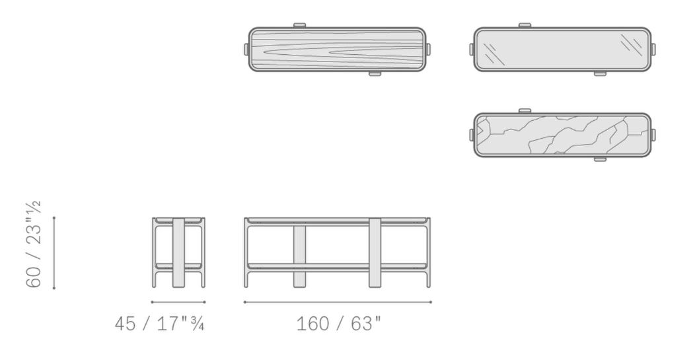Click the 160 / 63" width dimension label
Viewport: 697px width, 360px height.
pyautogui.click(x=339, y=324)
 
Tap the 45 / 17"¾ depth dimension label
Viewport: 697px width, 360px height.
pyautogui.click(x=160, y=324)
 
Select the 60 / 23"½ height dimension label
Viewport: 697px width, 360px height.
pyautogui.click(x=34, y=244)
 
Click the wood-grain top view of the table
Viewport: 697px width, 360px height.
pyautogui.click(x=337, y=50)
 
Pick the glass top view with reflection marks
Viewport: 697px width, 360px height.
pyautogui.click(x=562, y=50)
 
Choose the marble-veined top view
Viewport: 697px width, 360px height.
pyautogui.click(x=562, y=135)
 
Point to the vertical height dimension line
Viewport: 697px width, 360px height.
pyautogui.click(x=54, y=252)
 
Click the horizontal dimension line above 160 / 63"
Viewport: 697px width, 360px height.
pyautogui.click(x=338, y=303)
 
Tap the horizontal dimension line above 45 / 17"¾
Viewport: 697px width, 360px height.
pyautogui.click(x=178, y=303)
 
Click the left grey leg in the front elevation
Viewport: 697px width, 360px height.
pyautogui.click(x=299, y=256)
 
